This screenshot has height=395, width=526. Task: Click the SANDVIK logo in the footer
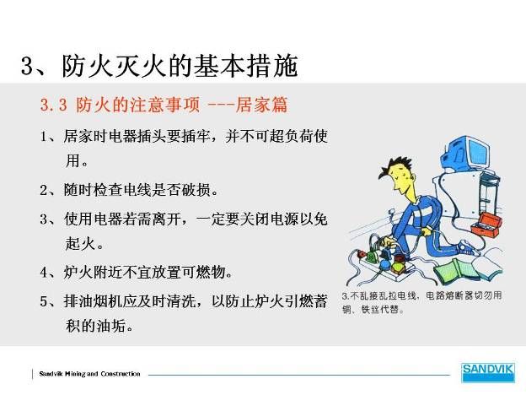point(488,372)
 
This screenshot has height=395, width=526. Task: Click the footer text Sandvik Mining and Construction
point(89,374)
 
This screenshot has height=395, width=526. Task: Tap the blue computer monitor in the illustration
point(466,154)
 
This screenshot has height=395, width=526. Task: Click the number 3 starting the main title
point(28,66)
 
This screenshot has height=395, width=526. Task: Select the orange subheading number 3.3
point(54,106)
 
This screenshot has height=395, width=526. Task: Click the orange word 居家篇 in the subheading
point(261,105)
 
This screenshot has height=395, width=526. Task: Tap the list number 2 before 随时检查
point(45,191)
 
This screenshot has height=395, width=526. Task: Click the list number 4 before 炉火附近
point(45,273)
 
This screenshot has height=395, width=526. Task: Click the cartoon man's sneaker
point(467,248)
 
